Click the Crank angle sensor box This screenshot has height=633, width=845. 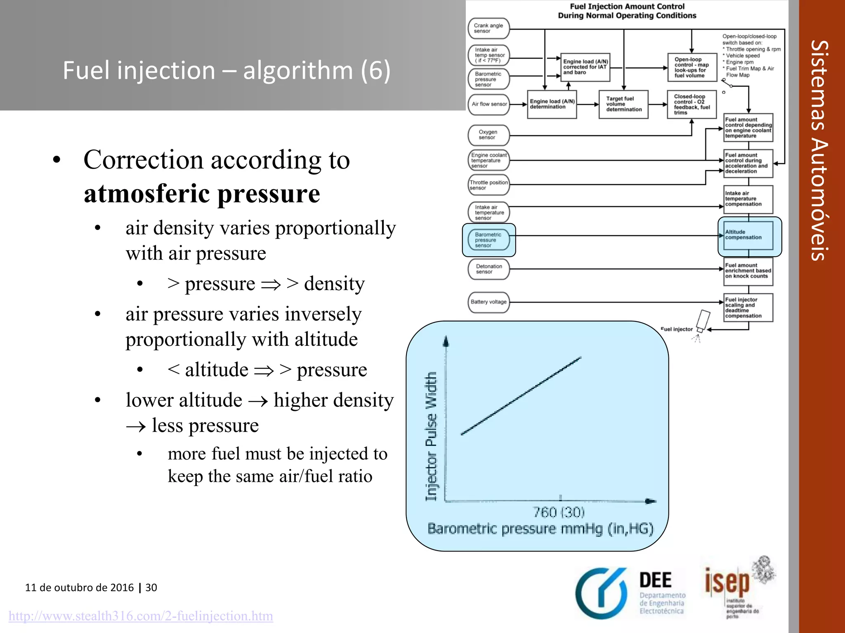click(489, 28)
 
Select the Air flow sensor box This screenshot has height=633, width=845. click(489, 104)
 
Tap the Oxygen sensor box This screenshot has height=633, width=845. click(489, 135)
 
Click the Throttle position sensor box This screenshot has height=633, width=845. click(489, 185)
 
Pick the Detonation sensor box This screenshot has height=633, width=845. click(489, 269)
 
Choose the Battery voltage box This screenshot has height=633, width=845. click(489, 302)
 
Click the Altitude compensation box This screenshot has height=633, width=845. click(748, 235)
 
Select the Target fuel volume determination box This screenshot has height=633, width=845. click(623, 104)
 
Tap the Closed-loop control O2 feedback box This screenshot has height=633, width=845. click(692, 104)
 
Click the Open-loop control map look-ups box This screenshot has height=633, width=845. click(692, 67)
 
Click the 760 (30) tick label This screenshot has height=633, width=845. click(559, 512)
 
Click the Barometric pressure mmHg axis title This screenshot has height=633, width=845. click(540, 529)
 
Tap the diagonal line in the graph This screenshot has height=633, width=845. click(521, 396)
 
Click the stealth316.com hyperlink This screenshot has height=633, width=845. click(141, 616)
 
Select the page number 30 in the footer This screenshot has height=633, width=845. click(151, 588)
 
